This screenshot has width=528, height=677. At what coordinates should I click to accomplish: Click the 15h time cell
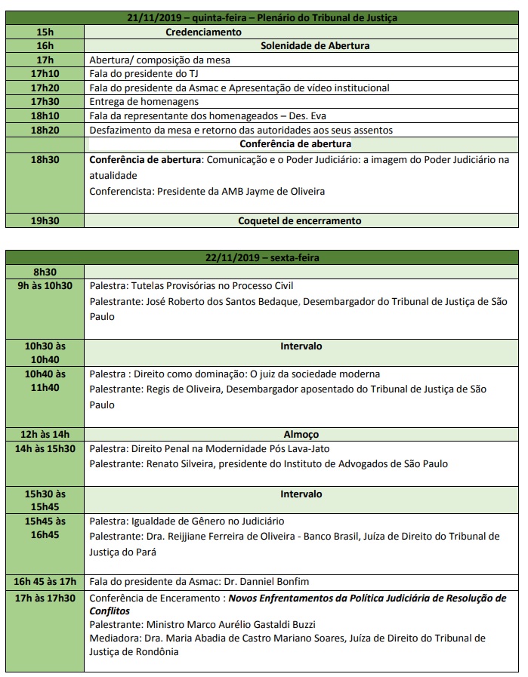(45, 32)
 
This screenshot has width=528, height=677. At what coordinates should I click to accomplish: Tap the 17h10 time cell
(45, 73)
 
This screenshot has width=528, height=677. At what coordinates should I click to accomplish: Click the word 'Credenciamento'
(204, 32)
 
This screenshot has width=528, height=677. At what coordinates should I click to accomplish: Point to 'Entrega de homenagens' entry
(144, 101)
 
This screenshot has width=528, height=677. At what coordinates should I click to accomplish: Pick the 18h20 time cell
(45, 130)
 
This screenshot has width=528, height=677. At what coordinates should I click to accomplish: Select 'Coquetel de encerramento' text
(301, 220)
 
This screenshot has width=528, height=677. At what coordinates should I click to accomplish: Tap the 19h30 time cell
(45, 220)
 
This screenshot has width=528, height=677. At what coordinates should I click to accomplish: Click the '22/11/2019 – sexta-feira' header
(262, 257)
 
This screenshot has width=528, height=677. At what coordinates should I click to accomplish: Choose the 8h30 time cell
(45, 272)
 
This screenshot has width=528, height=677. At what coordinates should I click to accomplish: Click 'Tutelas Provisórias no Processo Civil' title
(212, 286)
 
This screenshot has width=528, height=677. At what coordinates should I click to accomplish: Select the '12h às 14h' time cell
(45, 434)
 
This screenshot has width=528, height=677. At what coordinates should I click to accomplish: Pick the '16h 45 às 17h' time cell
(45, 582)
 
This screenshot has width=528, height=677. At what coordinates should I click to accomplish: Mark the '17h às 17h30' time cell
(45, 598)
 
